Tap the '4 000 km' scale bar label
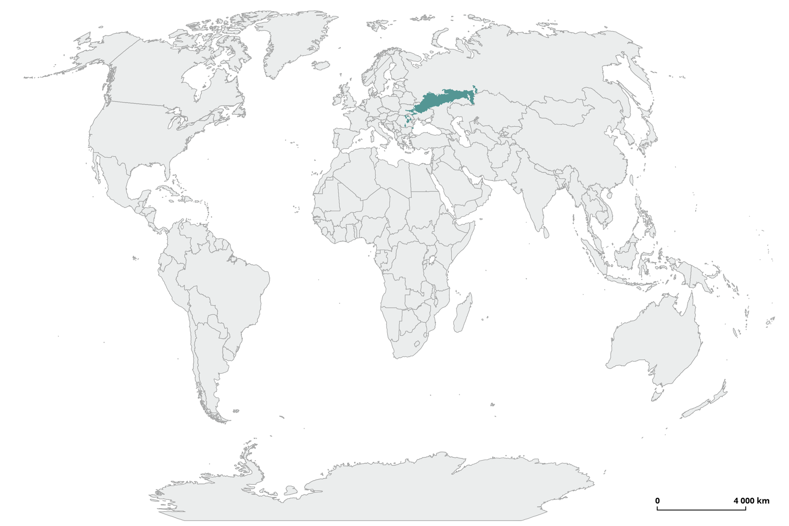click(751, 501)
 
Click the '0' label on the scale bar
click(657, 501)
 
